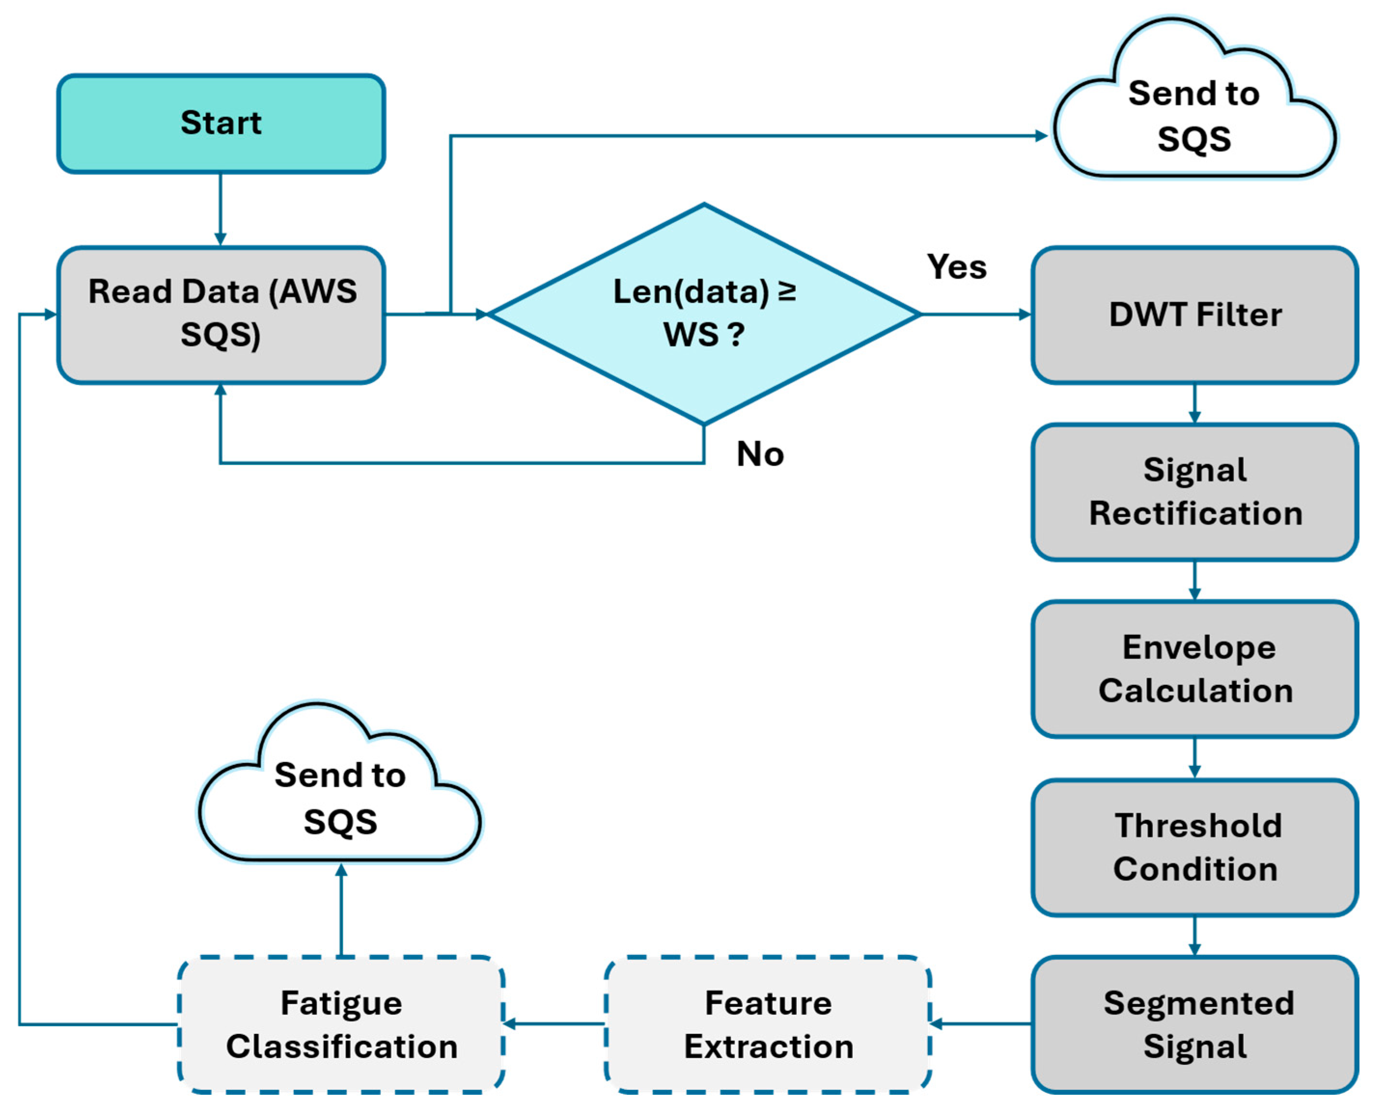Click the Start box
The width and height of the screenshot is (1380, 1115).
221,123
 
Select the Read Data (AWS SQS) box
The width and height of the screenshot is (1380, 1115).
221,314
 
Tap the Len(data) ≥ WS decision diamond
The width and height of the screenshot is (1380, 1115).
704,314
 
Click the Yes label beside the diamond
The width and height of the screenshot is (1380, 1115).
956,267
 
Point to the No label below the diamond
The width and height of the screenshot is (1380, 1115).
760,454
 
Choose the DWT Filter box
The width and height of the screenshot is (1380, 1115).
1194,314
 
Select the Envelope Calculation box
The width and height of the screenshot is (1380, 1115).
1194,669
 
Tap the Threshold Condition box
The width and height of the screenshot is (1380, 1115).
1194,846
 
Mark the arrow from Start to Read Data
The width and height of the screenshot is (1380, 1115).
221,209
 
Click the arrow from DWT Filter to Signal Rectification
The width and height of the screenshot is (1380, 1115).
1194,403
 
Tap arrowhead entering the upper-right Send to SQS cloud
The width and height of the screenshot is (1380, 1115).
1040,135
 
